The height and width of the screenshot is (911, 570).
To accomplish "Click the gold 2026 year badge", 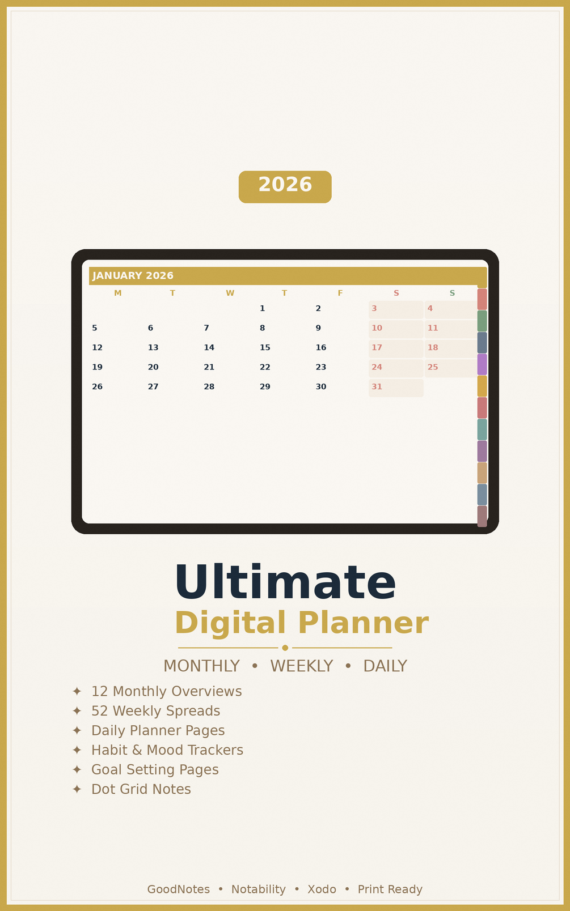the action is [x=285, y=186].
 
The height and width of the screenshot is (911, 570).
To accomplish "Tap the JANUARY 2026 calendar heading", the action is [x=133, y=276].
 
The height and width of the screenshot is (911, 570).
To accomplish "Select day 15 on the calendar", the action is [x=265, y=347].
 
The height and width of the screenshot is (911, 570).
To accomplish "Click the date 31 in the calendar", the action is [x=377, y=386].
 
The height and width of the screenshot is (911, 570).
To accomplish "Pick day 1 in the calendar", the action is [x=262, y=308].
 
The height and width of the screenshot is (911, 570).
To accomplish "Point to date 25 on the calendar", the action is [x=433, y=367].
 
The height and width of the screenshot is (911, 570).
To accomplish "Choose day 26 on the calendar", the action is [x=98, y=386].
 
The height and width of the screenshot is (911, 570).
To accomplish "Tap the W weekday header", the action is [x=230, y=293].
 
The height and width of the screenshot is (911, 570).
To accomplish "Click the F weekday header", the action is [x=340, y=293].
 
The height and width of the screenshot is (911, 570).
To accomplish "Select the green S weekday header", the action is [x=452, y=293].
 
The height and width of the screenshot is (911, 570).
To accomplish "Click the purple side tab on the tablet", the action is [x=482, y=364].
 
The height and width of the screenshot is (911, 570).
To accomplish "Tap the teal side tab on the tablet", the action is [x=482, y=429].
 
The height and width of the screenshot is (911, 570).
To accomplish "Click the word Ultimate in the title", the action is [x=285, y=582].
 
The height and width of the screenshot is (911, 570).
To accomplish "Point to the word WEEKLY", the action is [x=302, y=666].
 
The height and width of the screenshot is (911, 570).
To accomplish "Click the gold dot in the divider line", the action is [x=285, y=648].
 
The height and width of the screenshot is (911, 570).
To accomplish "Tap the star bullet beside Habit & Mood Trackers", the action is [x=77, y=750].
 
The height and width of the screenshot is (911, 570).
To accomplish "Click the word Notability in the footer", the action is [x=259, y=889].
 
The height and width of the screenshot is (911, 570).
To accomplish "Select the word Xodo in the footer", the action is [x=322, y=889].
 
